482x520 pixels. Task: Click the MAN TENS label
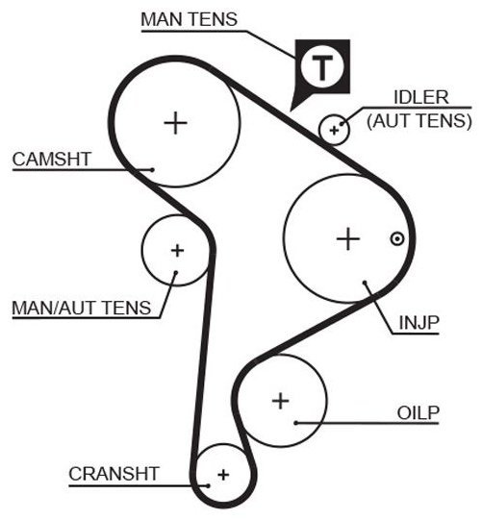(189, 19)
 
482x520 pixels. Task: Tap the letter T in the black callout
(322, 67)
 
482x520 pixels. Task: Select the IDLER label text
(421, 97)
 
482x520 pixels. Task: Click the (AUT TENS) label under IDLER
(419, 120)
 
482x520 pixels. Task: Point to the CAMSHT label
(51, 160)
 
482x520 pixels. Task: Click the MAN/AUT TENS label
(82, 308)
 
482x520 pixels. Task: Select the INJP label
(419, 322)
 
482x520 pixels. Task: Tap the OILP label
(418, 413)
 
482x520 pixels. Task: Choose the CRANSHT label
(114, 474)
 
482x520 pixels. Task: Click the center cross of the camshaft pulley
(176, 123)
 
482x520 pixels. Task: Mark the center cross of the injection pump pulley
(348, 238)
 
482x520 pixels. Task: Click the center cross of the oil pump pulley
(281, 401)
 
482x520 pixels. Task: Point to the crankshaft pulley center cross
(223, 475)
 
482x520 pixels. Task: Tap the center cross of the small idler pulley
(334, 131)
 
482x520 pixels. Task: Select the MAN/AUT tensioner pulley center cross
(177, 250)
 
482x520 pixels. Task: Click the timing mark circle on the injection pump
(397, 238)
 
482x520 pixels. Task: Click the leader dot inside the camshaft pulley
(152, 170)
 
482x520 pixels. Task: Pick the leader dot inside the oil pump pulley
(295, 423)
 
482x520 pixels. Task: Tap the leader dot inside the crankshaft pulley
(208, 485)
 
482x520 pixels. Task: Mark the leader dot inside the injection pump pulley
(365, 283)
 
